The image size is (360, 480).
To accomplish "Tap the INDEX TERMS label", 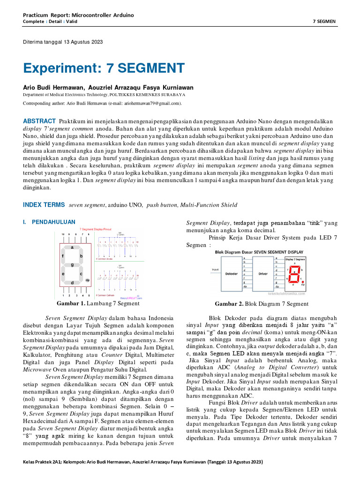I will (x=44, y=205).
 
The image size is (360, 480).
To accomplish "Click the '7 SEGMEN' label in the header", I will (x=324, y=22).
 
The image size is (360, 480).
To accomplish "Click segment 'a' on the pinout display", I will (x=72, y=247).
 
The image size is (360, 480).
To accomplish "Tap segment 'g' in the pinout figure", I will (x=72, y=265).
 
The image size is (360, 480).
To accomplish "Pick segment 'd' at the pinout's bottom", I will (x=71, y=283).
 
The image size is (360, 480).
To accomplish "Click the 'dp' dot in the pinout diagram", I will (x=87, y=280).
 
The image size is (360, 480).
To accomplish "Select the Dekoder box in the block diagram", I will (x=232, y=273).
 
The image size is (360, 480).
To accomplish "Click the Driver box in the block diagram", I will (x=263, y=273).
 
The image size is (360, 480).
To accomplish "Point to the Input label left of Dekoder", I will (x=216, y=270).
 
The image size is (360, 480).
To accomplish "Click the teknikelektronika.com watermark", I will (x=286, y=293).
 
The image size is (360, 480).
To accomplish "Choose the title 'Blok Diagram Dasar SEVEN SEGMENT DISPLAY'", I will (x=259, y=252).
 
